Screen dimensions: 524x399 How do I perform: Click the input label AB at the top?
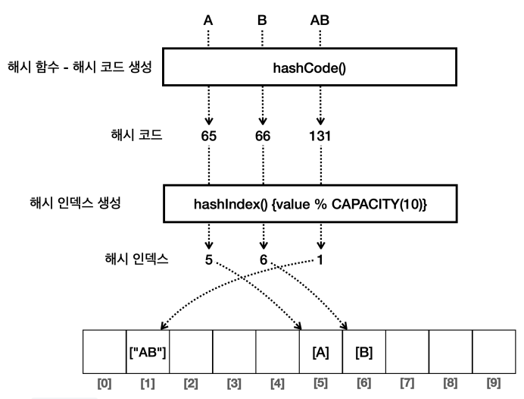[320, 20]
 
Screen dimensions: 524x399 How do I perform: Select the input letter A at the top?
[208, 20]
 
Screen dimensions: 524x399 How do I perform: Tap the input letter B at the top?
[262, 20]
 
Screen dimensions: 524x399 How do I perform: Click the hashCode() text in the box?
[310, 68]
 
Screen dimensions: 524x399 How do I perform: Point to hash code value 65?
[208, 136]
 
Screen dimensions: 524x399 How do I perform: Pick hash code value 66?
[263, 136]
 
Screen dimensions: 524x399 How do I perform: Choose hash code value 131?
[320, 136]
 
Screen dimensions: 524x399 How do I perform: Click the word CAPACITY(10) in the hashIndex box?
[379, 204]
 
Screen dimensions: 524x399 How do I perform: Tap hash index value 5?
[208, 259]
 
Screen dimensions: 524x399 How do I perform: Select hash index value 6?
[264, 259]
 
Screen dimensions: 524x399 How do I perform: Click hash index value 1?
[320, 259]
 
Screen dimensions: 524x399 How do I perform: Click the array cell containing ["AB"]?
[148, 351]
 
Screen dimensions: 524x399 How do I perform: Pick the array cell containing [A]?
[321, 351]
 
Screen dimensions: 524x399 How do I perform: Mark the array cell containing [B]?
[364, 351]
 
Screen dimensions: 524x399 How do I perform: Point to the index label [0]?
[104, 383]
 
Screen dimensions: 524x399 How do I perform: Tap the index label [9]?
[494, 383]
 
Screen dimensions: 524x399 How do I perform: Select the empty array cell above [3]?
[234, 351]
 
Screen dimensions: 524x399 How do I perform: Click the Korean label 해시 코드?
[136, 135]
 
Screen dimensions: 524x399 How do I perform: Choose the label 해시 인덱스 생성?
[75, 203]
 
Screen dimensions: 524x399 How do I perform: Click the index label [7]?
[407, 383]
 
